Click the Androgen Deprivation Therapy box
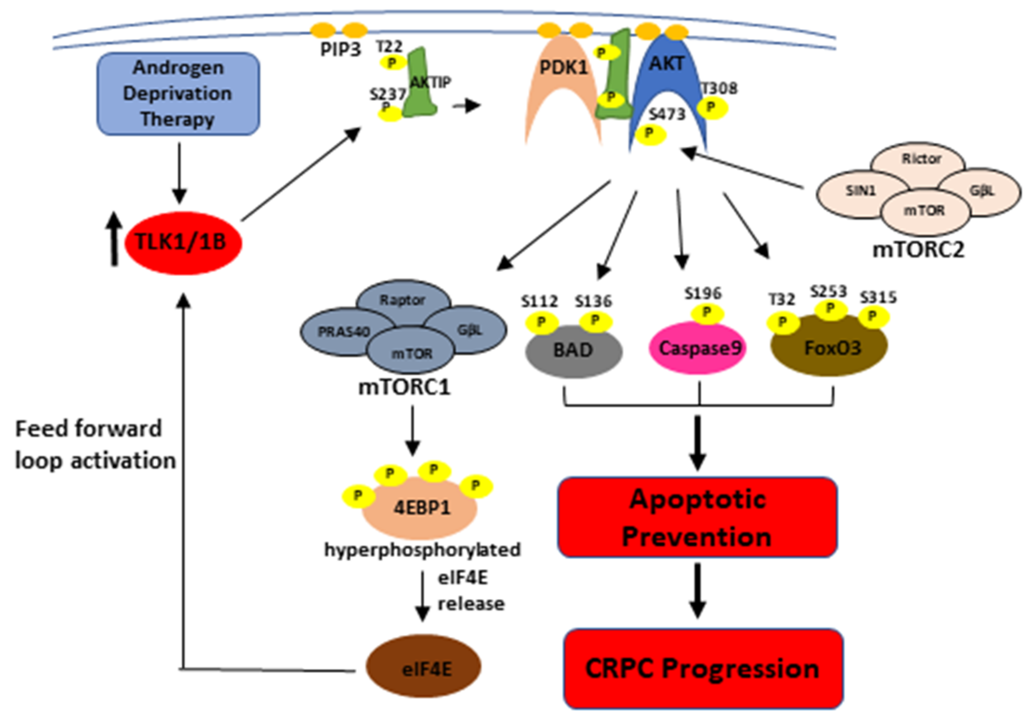pos(178,93)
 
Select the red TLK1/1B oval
pos(183,243)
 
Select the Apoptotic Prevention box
pos(697,518)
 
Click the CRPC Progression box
pos(703,668)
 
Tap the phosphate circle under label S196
pos(707,313)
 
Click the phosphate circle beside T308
pos(712,108)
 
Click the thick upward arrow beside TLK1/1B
pos(115,240)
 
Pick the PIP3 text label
pos(340,49)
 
